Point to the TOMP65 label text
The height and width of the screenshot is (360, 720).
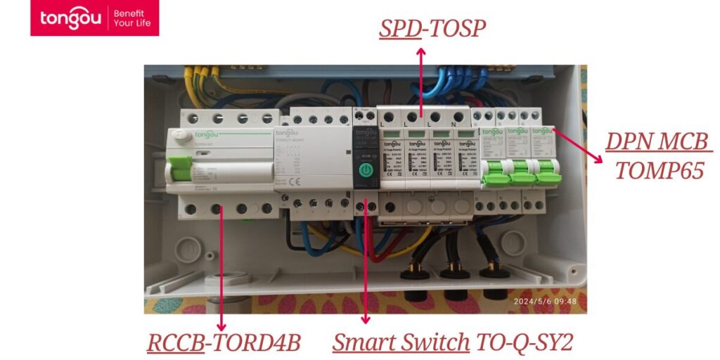pyautogui.click(x=659, y=170)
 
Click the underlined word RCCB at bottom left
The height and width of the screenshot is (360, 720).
pyautogui.click(x=174, y=342)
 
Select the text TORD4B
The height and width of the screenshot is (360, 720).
pyautogui.click(x=256, y=342)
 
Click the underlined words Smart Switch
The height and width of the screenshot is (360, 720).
pyautogui.click(x=401, y=342)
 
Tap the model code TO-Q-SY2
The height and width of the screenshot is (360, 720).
pyautogui.click(x=525, y=342)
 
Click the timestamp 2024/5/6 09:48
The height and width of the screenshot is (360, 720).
pyautogui.click(x=545, y=302)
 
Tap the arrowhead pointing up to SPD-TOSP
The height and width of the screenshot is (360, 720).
pyautogui.click(x=421, y=51)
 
